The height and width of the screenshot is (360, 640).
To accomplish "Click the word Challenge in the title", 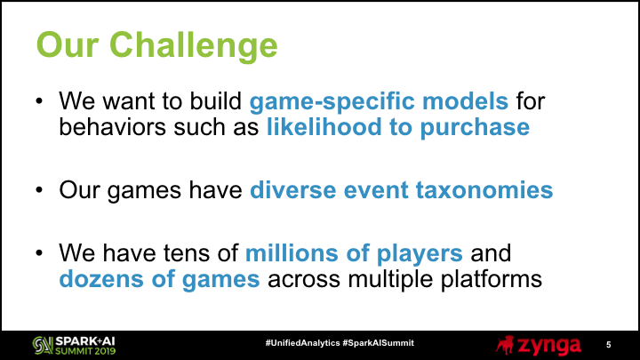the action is coord(194,46).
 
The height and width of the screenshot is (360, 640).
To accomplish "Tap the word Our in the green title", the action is coord(68,44).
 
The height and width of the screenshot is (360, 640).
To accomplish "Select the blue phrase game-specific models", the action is coord(379,102).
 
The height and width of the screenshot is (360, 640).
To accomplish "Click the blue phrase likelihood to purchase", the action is coord(398,128).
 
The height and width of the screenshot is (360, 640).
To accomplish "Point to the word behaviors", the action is coord(113,127).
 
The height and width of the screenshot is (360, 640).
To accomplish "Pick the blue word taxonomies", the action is coord(484,190).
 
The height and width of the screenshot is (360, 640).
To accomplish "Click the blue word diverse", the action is coord(292,190).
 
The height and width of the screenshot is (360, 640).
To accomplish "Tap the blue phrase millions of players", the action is coord(354,254).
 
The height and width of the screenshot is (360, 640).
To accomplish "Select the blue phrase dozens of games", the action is coord(160,280).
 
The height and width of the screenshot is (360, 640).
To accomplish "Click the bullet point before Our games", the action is coord(39,190).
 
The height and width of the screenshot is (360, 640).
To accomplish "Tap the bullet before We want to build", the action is coord(39,100).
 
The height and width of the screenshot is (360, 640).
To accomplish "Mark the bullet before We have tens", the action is coord(39,253).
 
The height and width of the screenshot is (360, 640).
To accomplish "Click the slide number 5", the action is coord(609,345).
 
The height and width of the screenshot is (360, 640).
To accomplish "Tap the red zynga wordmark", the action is coord(549,346).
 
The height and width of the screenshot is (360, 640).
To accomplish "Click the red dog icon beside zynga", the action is coord(505,345).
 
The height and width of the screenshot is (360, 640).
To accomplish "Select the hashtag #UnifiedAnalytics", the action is coord(302,343).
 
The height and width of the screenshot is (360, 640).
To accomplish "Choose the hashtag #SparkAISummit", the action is coord(379,343).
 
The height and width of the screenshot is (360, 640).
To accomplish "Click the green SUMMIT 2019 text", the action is coord(85,350).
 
